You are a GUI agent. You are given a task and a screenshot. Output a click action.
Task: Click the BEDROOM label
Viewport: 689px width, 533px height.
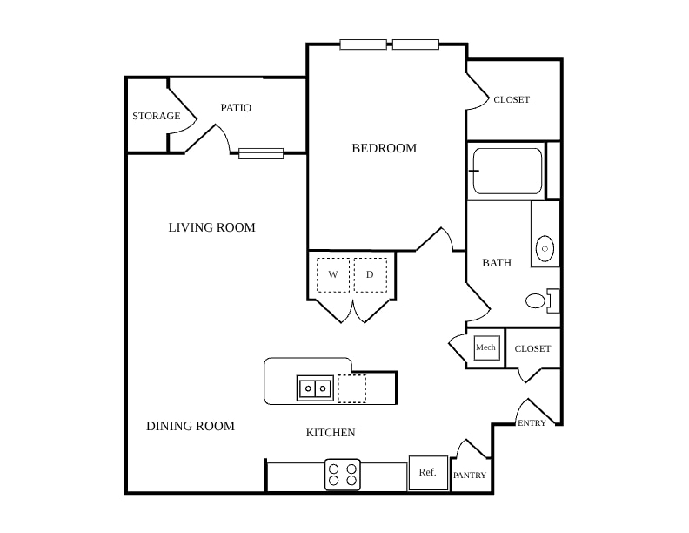point(384,148)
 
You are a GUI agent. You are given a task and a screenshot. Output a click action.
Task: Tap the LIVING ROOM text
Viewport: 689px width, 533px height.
point(211,227)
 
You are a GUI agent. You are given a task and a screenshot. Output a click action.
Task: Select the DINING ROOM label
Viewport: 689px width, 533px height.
point(191,426)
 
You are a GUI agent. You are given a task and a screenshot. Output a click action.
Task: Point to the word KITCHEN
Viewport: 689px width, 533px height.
point(331,433)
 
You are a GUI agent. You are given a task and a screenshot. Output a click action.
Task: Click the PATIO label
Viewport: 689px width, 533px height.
point(236,108)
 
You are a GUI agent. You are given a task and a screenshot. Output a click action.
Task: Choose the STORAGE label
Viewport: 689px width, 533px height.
point(157,116)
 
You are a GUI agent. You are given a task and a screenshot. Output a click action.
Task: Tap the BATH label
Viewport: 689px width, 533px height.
point(497,262)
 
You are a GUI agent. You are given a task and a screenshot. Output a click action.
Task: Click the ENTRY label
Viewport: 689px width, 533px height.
point(532,423)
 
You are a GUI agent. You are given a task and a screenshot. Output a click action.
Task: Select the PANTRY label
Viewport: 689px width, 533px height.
point(470,476)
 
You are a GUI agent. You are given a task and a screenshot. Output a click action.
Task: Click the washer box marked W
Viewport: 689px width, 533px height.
point(333,275)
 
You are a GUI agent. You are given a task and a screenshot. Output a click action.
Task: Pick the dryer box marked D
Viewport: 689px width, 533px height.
point(370,275)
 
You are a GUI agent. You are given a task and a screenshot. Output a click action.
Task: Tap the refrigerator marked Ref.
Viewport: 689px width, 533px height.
point(428,473)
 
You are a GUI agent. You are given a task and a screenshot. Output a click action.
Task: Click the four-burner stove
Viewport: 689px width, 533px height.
point(343,475)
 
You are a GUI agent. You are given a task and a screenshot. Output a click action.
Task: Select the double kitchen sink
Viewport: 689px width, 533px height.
point(315,388)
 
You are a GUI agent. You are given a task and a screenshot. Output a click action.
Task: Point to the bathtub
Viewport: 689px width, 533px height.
point(507,171)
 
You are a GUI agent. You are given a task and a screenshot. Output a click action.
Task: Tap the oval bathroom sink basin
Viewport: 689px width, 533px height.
point(545,248)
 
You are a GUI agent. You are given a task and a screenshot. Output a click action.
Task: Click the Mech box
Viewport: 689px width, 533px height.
point(486,347)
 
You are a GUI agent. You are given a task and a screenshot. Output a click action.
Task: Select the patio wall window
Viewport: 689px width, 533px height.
point(261,153)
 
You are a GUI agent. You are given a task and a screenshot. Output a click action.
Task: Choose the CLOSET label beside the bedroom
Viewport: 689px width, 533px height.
point(512,100)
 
